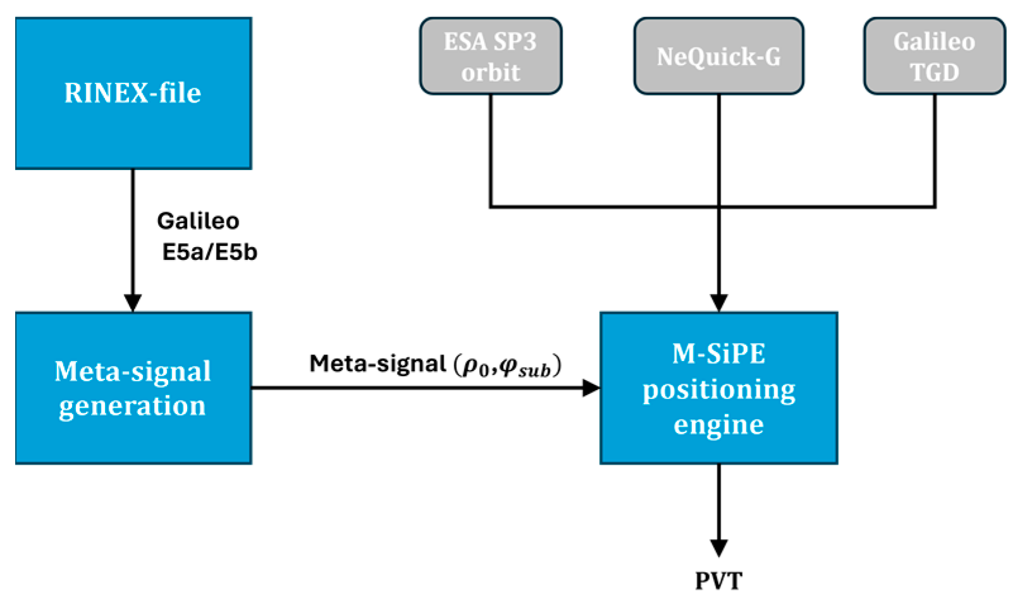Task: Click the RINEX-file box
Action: tap(133, 93)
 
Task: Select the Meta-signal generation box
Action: tap(133, 388)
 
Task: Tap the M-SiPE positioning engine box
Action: tap(719, 388)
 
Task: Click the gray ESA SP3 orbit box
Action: tap(490, 56)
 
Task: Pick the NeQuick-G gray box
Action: tap(719, 56)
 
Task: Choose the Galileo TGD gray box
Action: tap(934, 56)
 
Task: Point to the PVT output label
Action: tap(719, 580)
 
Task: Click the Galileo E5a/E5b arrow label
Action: tap(204, 236)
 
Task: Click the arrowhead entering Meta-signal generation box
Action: tap(133, 303)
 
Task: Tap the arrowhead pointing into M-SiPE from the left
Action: tap(591, 388)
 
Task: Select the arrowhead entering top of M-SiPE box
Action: tap(719, 303)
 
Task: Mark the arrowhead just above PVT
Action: tap(719, 547)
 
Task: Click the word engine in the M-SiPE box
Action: tap(719, 424)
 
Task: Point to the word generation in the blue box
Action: tap(133, 406)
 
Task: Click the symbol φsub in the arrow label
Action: tap(525, 367)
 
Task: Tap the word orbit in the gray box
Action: tap(490, 72)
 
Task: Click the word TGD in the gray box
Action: tap(934, 72)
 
